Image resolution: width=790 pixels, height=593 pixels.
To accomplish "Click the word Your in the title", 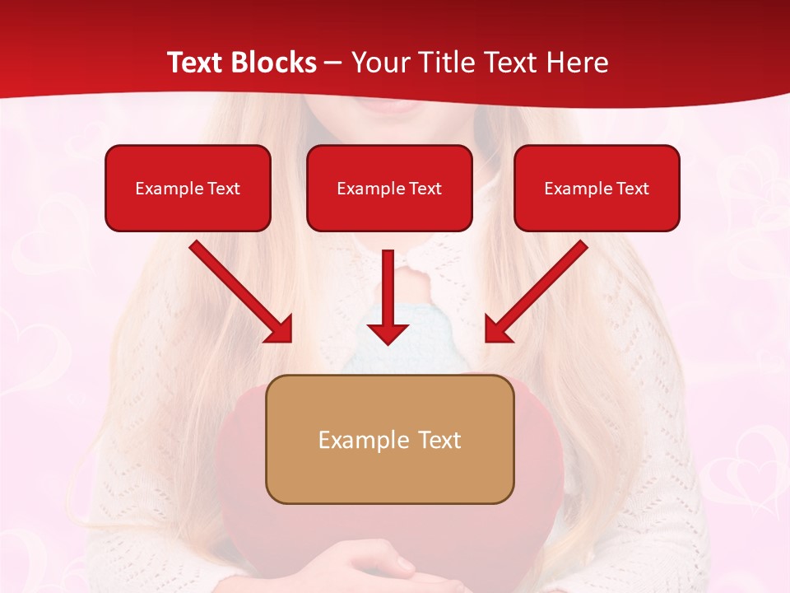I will [x=377, y=63].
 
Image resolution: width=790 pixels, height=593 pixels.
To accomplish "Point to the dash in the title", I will [x=333, y=63].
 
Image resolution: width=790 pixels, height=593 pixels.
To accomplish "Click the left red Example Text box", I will [x=188, y=188].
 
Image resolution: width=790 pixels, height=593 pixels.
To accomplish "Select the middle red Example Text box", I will [x=389, y=188].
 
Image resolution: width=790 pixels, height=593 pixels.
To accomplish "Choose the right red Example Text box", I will [x=597, y=188].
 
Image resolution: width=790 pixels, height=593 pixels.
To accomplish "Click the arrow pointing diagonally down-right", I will [x=241, y=292].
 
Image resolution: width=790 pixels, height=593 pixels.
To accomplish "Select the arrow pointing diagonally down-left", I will [x=536, y=292].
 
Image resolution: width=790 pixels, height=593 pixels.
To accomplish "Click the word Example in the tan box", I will [x=363, y=440].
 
